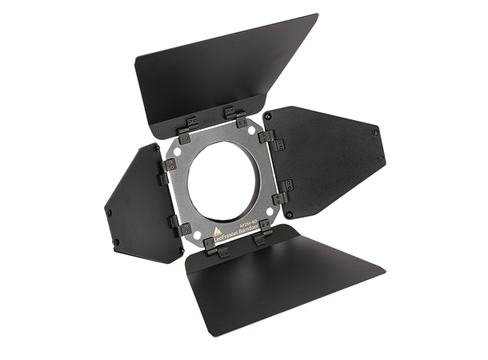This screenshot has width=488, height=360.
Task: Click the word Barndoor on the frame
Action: pyautogui.click(x=255, y=226)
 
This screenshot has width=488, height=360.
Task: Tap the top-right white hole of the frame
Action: pyautogui.click(x=254, y=128)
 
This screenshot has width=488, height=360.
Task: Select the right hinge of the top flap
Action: pyautogui.click(x=233, y=114)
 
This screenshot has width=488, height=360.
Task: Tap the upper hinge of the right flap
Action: pyautogui.click(x=267, y=138)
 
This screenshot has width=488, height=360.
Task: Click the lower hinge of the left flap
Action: pyautogui.click(x=174, y=222)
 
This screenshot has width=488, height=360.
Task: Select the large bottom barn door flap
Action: pyautogui.click(x=280, y=280)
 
